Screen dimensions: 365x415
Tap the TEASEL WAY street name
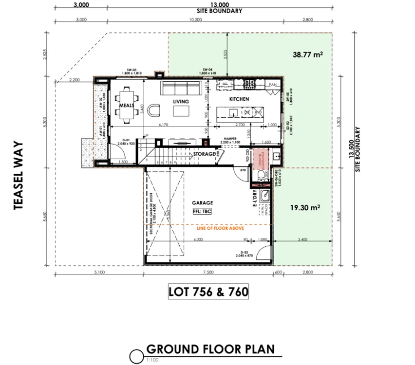click(19, 175)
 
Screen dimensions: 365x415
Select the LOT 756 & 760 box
click(208, 292)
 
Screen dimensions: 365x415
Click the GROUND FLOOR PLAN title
click(210, 349)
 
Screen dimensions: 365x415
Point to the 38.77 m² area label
click(308, 55)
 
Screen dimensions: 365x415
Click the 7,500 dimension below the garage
click(208, 273)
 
